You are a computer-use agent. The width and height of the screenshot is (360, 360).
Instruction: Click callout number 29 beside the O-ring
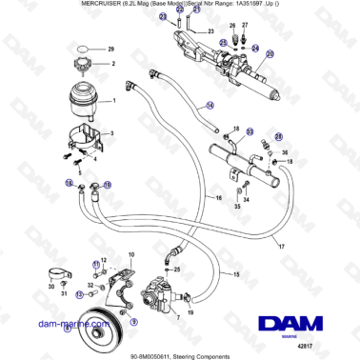click(x=111, y=48)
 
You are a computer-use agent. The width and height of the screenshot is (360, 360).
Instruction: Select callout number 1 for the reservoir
click(x=115, y=101)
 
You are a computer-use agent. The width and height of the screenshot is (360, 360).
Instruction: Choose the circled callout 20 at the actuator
click(x=270, y=54)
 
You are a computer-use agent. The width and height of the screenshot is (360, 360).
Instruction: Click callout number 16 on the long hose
click(x=218, y=197)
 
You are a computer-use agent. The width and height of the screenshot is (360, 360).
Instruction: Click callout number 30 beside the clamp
click(x=50, y=285)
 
